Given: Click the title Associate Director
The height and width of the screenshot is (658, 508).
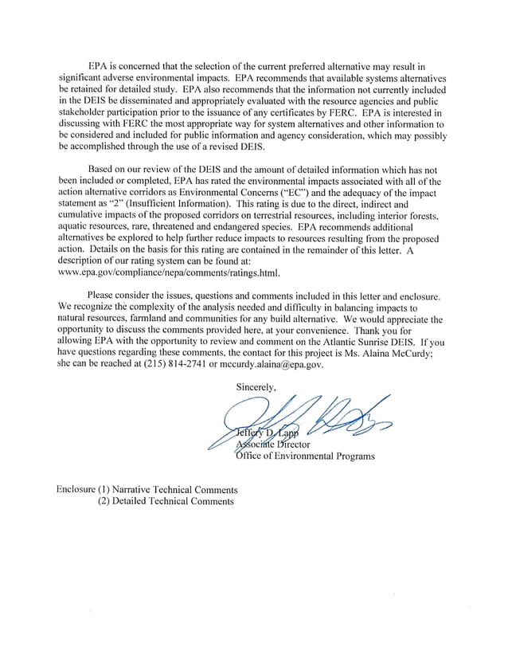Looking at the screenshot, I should point(272,445).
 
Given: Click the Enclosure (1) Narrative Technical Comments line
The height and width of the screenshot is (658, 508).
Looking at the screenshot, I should point(147,489).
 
